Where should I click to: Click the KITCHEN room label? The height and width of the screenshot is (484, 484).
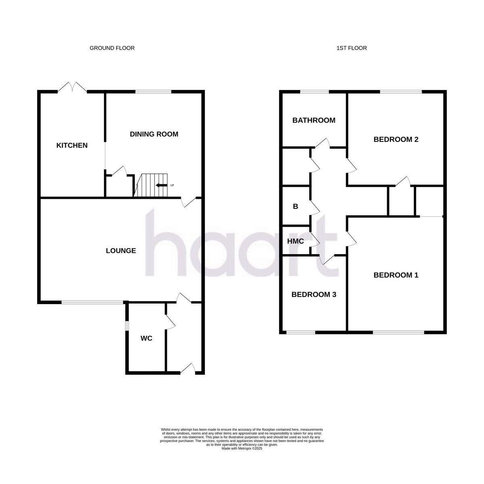(x=72, y=146)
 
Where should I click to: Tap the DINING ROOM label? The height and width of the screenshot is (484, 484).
(x=154, y=134)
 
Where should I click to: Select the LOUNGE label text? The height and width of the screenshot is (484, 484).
(x=121, y=250)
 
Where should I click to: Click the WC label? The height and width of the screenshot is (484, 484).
(x=146, y=338)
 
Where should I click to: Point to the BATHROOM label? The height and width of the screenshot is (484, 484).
(x=314, y=120)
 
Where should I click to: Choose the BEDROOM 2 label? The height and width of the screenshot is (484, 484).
(x=396, y=140)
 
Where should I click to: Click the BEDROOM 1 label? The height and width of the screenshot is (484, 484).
(x=396, y=275)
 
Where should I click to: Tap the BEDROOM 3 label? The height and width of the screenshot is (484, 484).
(x=314, y=294)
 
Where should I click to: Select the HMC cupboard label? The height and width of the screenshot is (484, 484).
(x=295, y=241)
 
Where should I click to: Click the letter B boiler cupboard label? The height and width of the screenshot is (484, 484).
(x=295, y=207)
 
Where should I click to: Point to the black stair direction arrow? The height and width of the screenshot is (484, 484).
(x=161, y=186)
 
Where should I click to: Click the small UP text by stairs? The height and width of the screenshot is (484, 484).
(x=172, y=186)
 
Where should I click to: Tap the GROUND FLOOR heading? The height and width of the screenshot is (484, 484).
(x=112, y=48)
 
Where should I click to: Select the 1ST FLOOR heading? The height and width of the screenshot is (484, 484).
(x=351, y=48)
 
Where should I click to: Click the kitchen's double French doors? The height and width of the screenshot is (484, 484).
(x=72, y=87)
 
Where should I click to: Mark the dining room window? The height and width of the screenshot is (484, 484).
(x=153, y=92)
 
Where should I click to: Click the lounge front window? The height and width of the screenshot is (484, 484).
(x=92, y=302)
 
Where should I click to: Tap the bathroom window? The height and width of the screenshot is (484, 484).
(x=314, y=92)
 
